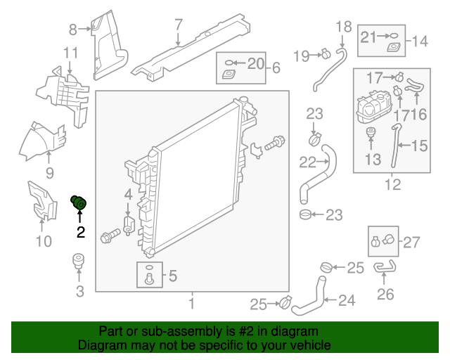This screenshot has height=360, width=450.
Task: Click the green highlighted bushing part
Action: (x=79, y=203)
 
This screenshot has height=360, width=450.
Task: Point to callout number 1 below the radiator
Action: (x=191, y=304)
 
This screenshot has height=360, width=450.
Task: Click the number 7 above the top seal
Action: (x=179, y=25)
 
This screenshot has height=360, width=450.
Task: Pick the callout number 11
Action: (x=70, y=53)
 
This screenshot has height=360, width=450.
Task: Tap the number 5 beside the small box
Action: (x=173, y=276)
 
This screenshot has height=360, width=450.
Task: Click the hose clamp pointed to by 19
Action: (x=326, y=53)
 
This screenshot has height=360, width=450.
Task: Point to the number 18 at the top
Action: (x=343, y=27)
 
